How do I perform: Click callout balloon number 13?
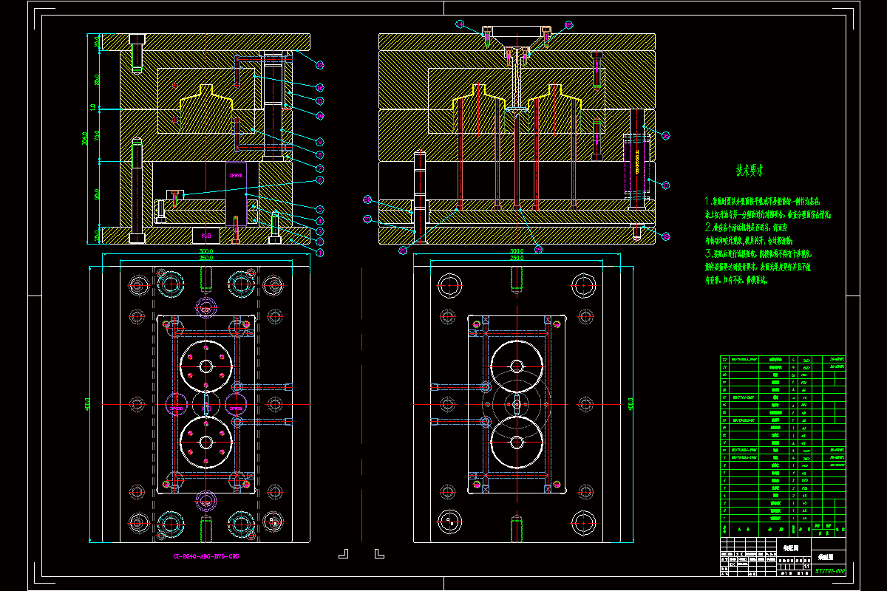click(320, 65)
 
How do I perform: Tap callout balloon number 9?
click(320, 141)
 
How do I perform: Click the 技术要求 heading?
click(750, 171)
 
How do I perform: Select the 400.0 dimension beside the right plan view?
click(631, 405)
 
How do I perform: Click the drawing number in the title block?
click(829, 570)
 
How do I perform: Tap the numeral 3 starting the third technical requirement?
click(709, 252)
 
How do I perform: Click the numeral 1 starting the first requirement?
click(708, 200)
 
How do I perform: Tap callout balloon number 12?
click(320, 88)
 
